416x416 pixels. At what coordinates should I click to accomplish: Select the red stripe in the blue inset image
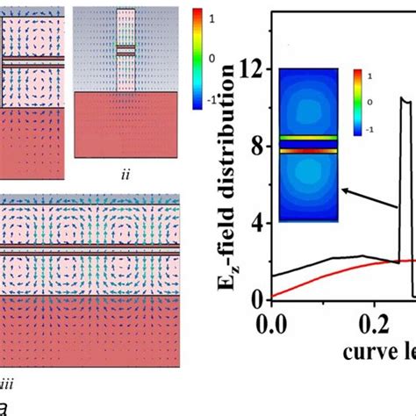click(308, 151)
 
